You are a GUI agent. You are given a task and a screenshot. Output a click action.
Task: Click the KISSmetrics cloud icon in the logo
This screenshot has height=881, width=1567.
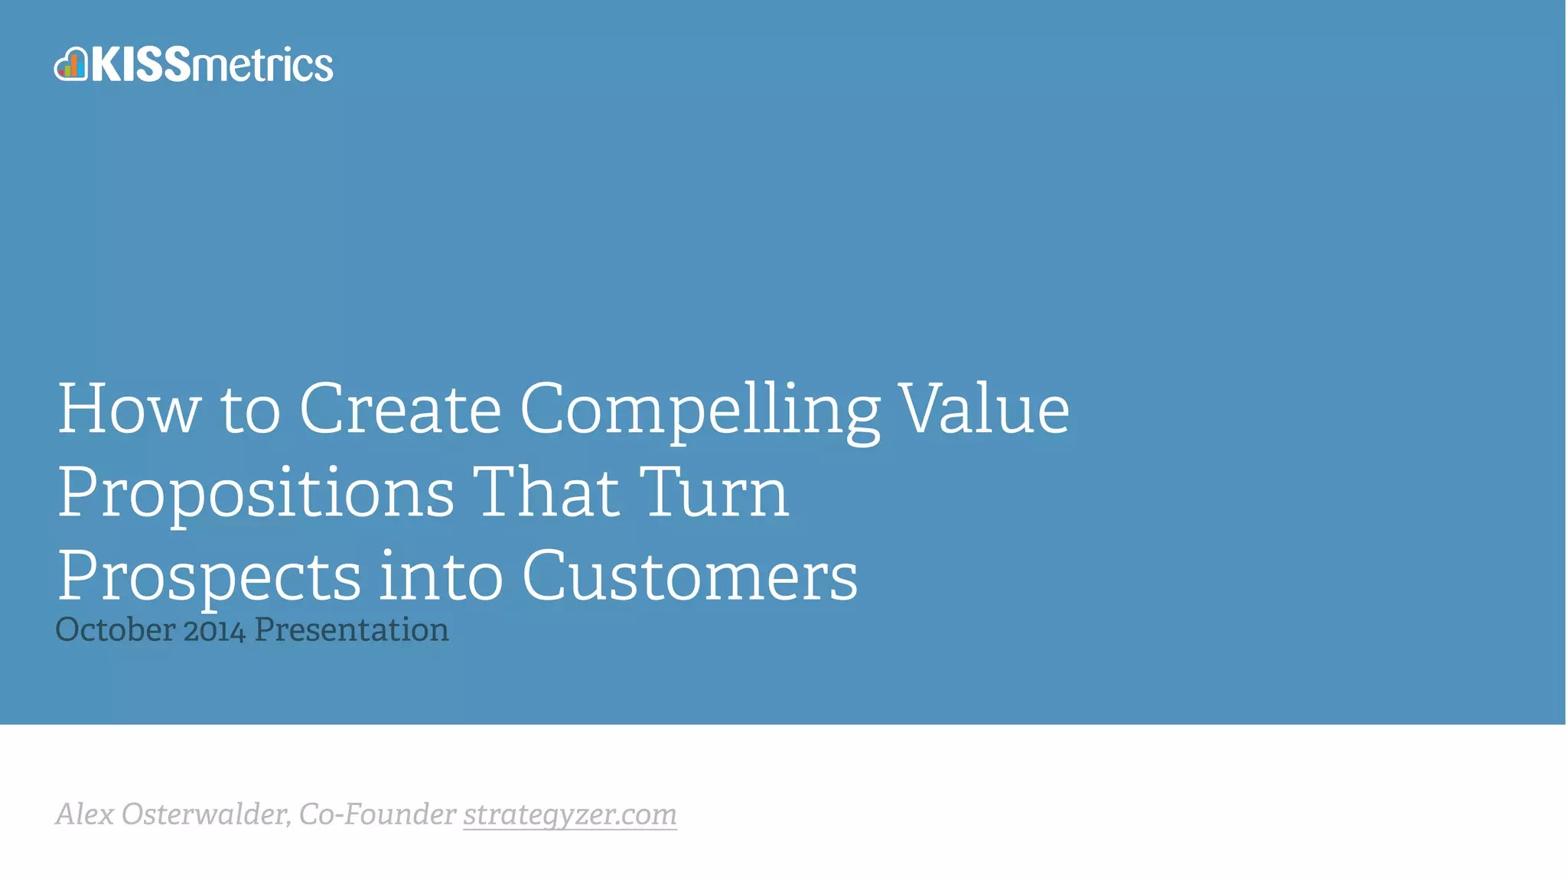pyautogui.click(x=71, y=64)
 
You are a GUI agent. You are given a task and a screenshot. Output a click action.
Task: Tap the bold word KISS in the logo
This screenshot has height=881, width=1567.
pyautogui.click(x=141, y=64)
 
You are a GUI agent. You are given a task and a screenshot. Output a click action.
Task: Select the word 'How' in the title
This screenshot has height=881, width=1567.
pyautogui.click(x=129, y=410)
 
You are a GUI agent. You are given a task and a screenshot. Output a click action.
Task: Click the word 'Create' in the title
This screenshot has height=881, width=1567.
pyautogui.click(x=399, y=410)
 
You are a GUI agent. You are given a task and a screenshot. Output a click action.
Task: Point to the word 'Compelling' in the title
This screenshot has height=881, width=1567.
pyautogui.click(x=699, y=413)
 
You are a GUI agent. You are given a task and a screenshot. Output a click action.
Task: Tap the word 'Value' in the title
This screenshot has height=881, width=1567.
pyautogui.click(x=983, y=410)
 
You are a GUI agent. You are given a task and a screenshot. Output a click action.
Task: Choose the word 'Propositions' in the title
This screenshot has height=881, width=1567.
pyautogui.click(x=256, y=496)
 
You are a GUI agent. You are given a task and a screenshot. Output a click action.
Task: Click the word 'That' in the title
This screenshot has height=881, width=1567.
pyautogui.click(x=546, y=493)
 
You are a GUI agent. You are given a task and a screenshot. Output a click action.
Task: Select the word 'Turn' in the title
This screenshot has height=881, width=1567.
pyautogui.click(x=713, y=493)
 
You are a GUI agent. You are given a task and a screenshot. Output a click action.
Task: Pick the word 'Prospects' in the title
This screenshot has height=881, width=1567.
pyautogui.click(x=209, y=578)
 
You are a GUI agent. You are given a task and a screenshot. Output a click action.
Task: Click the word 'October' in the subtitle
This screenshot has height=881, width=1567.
pyautogui.click(x=116, y=630)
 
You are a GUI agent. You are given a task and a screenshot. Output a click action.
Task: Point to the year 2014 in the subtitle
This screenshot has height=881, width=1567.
pyautogui.click(x=214, y=631)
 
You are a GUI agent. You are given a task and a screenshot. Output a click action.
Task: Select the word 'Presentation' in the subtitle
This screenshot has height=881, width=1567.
pyautogui.click(x=351, y=630)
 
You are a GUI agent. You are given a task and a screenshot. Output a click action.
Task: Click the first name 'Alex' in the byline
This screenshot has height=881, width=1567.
pyautogui.click(x=85, y=814)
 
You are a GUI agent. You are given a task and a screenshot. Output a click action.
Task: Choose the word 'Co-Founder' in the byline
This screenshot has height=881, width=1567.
pyautogui.click(x=377, y=814)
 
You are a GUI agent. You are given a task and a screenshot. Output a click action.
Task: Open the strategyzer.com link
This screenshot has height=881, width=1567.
pyautogui.click(x=570, y=815)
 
